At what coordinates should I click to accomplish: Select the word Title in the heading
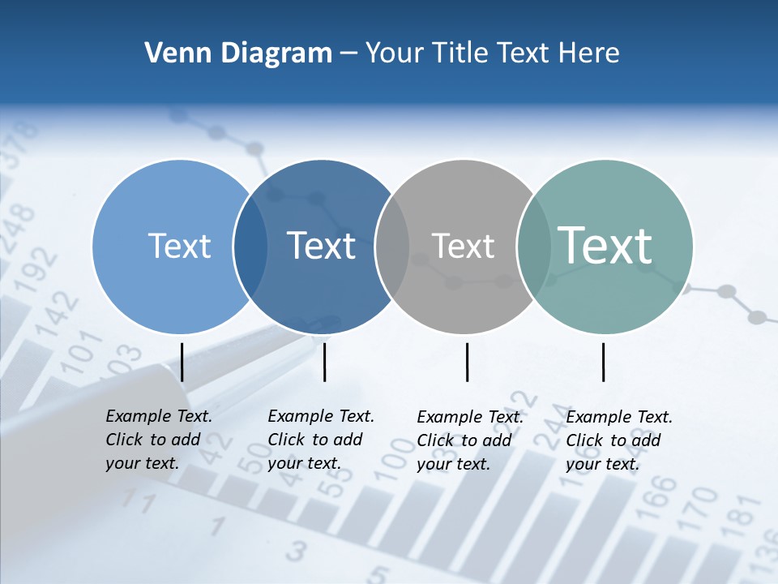pos(460,54)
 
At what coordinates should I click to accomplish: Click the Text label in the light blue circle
pos(179,246)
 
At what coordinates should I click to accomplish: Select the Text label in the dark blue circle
pos(322,246)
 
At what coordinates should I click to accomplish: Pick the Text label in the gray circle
pos(463,246)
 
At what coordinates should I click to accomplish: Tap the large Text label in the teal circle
pos(605,245)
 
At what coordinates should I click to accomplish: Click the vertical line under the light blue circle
pos(182,362)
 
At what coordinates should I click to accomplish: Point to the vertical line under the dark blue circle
pos(324,362)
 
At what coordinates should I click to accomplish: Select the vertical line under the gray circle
pos(468,362)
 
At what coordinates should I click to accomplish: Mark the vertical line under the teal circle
pos(604,362)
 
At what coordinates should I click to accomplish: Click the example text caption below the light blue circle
pos(159,440)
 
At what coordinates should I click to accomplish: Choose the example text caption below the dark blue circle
pos(321,440)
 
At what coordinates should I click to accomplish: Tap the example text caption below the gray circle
pos(470,440)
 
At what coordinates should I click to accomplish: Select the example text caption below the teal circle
pos(619,440)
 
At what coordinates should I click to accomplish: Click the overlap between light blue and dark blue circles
pos(250,247)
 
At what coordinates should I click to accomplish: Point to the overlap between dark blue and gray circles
pos(392,247)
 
